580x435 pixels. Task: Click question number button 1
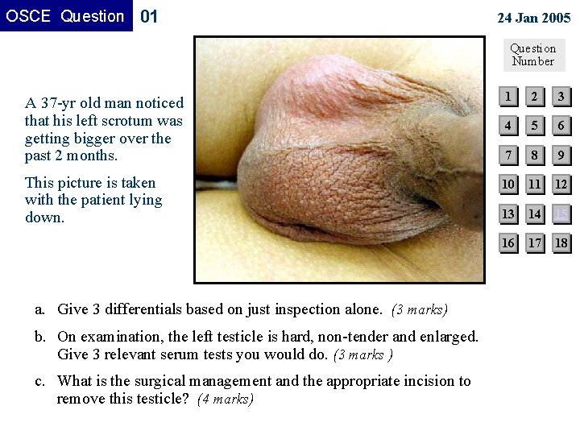(x=507, y=97)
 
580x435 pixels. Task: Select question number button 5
(x=534, y=126)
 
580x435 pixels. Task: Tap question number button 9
(x=561, y=155)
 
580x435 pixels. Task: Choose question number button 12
(x=561, y=184)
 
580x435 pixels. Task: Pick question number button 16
(x=507, y=242)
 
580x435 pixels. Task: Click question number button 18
(x=561, y=242)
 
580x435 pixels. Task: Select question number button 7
(x=507, y=155)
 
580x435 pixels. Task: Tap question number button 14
(x=534, y=213)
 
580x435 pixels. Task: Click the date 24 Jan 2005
(x=533, y=17)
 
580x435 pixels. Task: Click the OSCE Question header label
(x=65, y=16)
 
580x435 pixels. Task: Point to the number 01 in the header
(x=150, y=16)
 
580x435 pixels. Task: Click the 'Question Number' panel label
(x=533, y=54)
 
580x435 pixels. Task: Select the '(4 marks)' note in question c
(x=226, y=399)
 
